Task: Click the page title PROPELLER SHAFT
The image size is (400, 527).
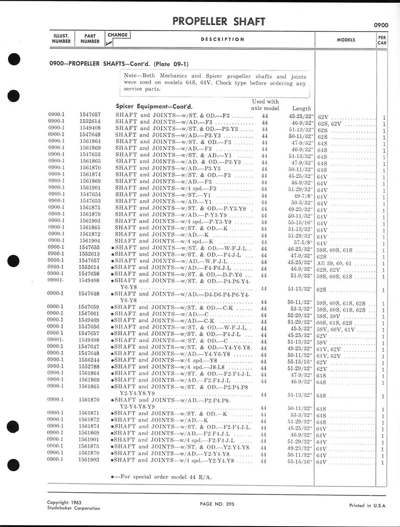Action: [219, 22]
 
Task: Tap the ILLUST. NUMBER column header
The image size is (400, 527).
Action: [61, 39]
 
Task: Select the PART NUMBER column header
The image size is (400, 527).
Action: [89, 39]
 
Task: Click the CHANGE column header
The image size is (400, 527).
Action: [117, 35]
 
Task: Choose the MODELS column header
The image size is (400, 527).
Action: [346, 40]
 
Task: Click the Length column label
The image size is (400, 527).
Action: [302, 108]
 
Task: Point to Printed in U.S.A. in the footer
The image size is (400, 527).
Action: [368, 505]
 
